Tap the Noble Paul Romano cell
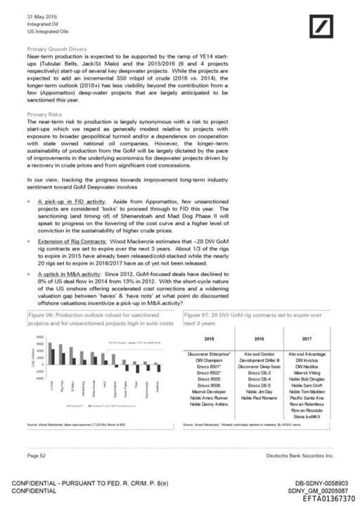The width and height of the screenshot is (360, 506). (254, 398)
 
